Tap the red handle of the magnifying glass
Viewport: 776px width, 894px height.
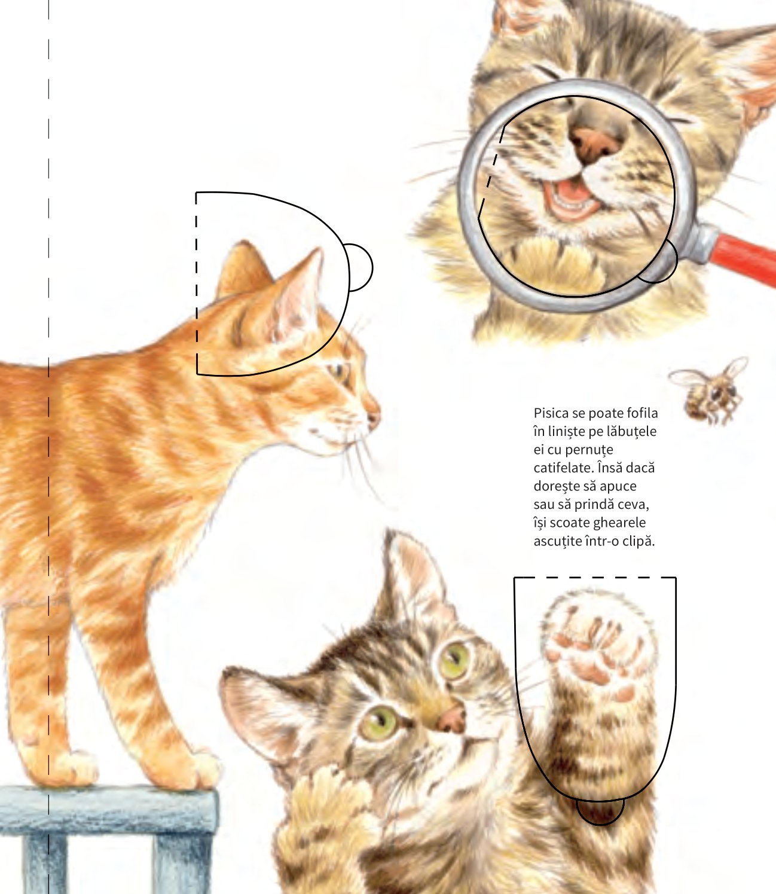tap(745, 260)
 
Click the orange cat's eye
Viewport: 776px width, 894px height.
tap(338, 372)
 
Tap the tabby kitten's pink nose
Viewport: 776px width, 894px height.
tap(452, 719)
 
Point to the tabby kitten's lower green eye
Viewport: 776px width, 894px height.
tap(378, 722)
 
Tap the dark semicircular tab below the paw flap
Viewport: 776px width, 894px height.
tap(600, 810)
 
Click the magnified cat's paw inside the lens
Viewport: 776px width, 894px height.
tap(557, 264)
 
